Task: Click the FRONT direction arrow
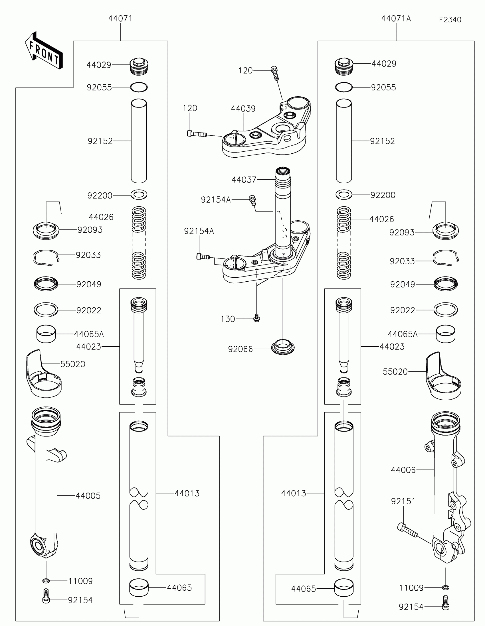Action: pos(44,51)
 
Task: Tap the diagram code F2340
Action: pos(450,20)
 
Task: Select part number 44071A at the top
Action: pos(396,19)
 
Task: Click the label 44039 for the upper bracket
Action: pos(243,109)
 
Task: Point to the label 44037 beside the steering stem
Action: pos(244,180)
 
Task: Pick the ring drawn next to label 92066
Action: pos(283,347)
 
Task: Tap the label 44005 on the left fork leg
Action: pos(88,496)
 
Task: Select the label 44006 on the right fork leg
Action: pos(403,470)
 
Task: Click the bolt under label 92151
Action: pos(407,530)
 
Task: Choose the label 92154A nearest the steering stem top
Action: pos(216,200)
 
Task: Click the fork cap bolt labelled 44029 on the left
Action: pos(139,66)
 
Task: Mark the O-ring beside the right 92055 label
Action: pos(343,88)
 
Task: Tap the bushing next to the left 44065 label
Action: pos(139,588)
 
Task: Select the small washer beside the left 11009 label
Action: pos(46,581)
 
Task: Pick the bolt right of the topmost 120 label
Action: pos(275,73)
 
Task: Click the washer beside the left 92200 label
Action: pos(139,195)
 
